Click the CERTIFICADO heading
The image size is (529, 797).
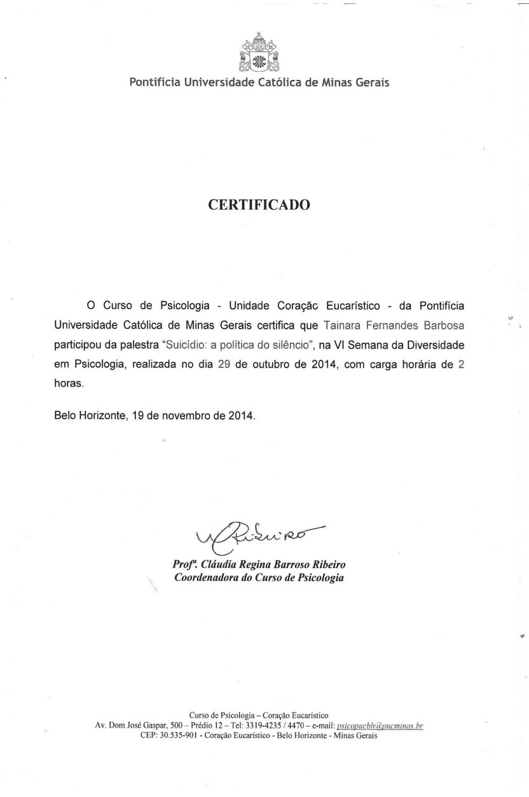point(259,205)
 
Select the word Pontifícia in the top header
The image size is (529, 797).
point(155,82)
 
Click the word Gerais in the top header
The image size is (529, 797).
point(372,82)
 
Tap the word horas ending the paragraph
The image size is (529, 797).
point(69,385)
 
